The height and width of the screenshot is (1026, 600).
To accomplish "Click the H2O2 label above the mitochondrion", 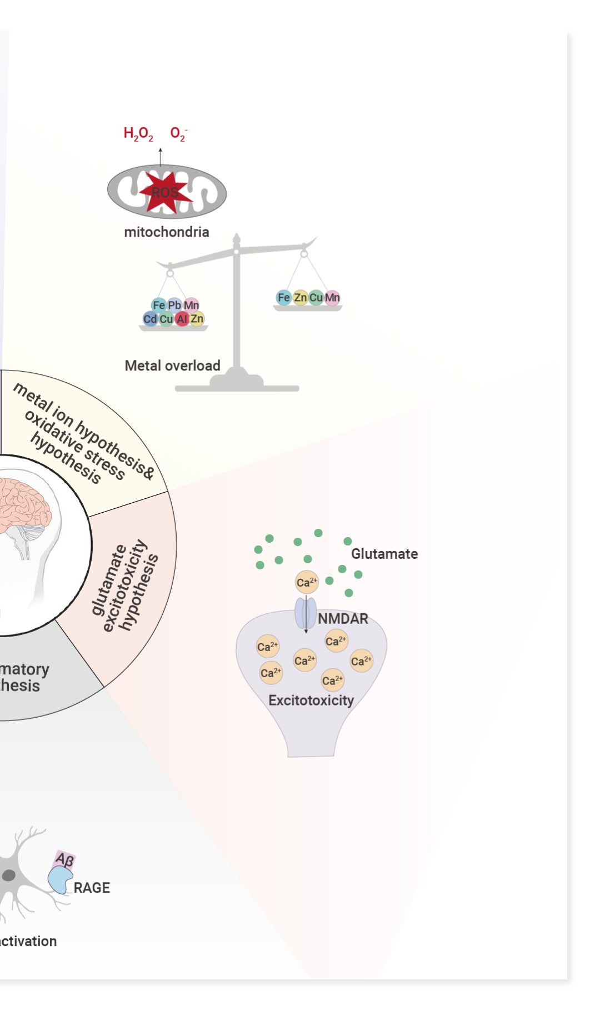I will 138,134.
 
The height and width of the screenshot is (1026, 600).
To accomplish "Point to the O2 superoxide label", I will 178,134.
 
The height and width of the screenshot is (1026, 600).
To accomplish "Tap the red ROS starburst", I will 165,192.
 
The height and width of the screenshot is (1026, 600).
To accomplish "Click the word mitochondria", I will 167,232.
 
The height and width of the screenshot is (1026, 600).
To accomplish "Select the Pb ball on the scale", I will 174,305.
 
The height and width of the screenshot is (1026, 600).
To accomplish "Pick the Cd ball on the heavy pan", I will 150,319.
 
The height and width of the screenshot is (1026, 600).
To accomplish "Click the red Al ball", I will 182,319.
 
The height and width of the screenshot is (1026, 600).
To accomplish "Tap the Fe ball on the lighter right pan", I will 284,298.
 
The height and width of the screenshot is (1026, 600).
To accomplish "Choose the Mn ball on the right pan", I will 332,298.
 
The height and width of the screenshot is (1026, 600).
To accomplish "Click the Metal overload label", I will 172,366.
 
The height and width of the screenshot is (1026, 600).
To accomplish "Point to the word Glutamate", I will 384,554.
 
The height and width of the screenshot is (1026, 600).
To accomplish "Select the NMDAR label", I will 343,619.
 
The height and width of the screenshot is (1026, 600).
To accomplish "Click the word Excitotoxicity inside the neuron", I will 311,700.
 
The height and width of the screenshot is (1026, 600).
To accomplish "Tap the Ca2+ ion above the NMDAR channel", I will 307,582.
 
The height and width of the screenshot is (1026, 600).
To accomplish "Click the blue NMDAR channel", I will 306,613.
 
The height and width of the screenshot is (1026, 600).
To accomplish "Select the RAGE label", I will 92,888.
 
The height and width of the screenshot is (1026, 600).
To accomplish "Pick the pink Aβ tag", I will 65,860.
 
